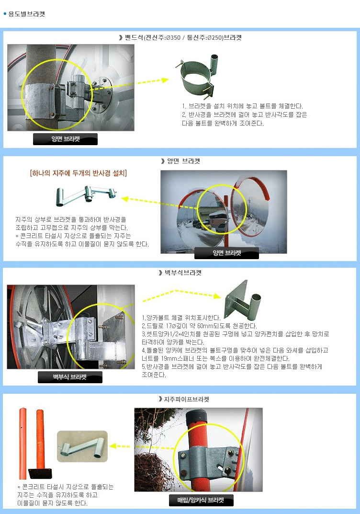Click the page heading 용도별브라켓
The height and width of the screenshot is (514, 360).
click(26, 14)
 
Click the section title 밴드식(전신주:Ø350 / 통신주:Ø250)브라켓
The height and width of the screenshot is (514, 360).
click(183, 37)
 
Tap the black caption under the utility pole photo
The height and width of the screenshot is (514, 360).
click(65, 139)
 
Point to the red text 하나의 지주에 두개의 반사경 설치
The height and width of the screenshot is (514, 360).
click(79, 173)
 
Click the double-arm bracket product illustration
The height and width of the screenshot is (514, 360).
click(86, 195)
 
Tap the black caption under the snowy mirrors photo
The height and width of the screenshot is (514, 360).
click(227, 253)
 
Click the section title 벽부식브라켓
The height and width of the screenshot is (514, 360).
click(183, 273)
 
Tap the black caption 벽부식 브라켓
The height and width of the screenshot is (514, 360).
click(70, 377)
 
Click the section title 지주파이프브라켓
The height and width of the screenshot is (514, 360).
click(186, 399)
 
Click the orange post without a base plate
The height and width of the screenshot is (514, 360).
click(22, 444)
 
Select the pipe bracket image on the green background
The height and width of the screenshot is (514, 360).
click(82, 446)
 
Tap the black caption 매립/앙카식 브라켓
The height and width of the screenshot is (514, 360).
click(201, 500)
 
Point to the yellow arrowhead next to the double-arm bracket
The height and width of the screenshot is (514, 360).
click(125, 199)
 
